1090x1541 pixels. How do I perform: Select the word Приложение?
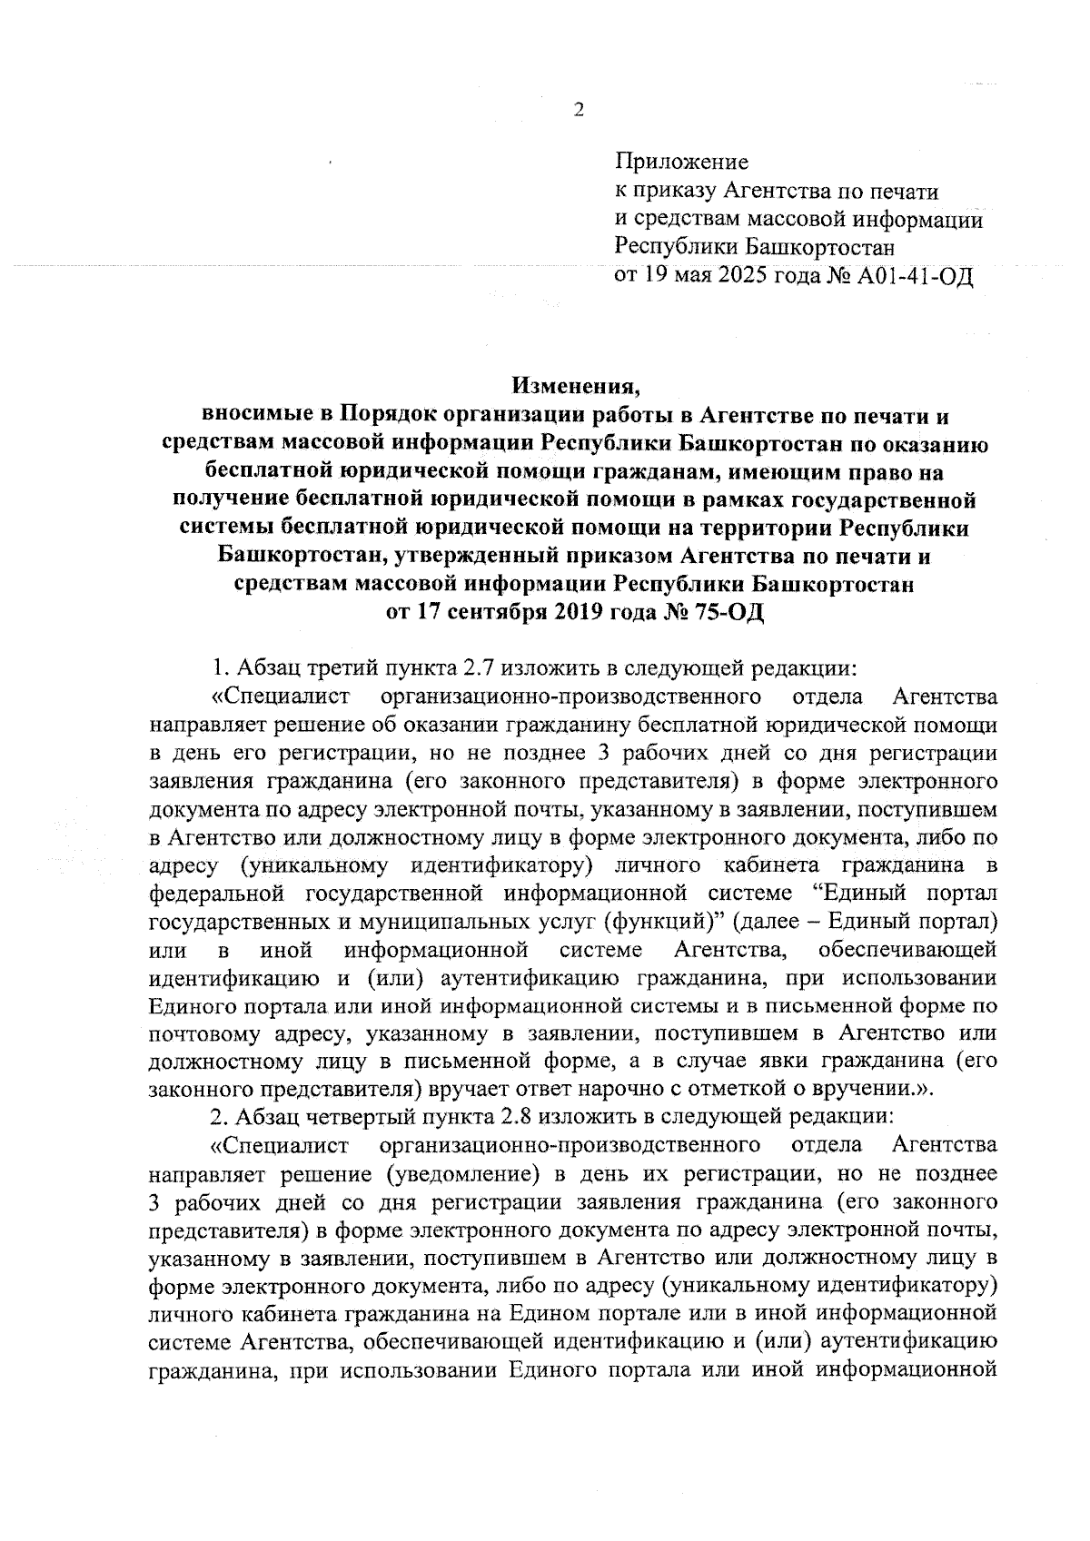coord(682,163)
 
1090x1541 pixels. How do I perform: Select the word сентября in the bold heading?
coord(495,612)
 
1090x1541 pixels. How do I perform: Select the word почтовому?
coord(199,1032)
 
